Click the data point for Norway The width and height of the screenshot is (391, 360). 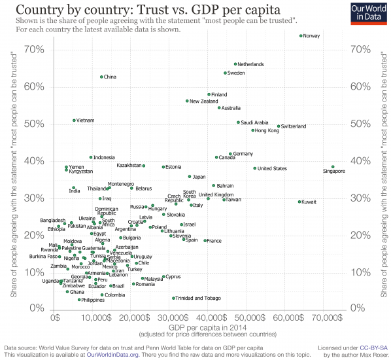pyautogui.click(x=301, y=36)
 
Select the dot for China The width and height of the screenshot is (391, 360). pyautogui.click(x=101, y=77)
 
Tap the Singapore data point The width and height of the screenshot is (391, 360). pyautogui.click(x=333, y=167)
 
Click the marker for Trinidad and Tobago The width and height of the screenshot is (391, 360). pyautogui.click(x=173, y=298)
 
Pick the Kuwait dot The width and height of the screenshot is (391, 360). pyautogui.click(x=299, y=202)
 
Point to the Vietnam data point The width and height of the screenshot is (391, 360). pyautogui.click(x=74, y=120)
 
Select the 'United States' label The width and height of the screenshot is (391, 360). pyautogui.click(x=272, y=169)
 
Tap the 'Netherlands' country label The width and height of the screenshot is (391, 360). pyautogui.click(x=250, y=65)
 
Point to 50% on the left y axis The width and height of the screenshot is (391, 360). pyautogui.click(x=34, y=124)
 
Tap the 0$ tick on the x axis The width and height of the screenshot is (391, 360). pyautogui.click(x=56, y=317)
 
